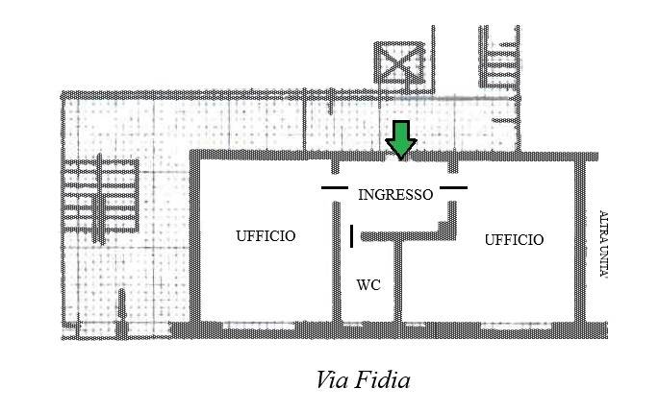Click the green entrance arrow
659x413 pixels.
pyautogui.click(x=401, y=140)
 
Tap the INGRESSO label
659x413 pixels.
pyautogui.click(x=395, y=195)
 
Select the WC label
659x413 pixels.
pyautogui.click(x=368, y=285)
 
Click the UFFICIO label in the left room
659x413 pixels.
pyautogui.click(x=266, y=236)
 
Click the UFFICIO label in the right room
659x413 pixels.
pyautogui.click(x=514, y=240)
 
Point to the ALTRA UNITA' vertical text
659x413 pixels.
pyautogui.click(x=604, y=244)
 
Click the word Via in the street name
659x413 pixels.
pyautogui.click(x=332, y=379)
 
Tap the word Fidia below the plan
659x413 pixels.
pyautogui.click(x=382, y=379)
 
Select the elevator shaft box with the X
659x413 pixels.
pyautogui.click(x=399, y=63)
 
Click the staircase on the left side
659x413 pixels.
pyautogui.click(x=100, y=198)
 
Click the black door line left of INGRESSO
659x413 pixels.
pyautogui.click(x=335, y=187)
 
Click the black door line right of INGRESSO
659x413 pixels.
pyautogui.click(x=453, y=187)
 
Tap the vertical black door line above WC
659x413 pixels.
pyautogui.click(x=352, y=236)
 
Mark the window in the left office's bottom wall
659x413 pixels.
pyautogui.click(x=259, y=326)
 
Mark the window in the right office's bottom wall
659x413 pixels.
pyautogui.click(x=516, y=326)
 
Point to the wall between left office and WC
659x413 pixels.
pyautogui.click(x=337, y=262)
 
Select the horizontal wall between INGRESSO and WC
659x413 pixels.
pyautogui.click(x=408, y=236)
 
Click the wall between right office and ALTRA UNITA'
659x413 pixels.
pyautogui.click(x=580, y=241)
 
